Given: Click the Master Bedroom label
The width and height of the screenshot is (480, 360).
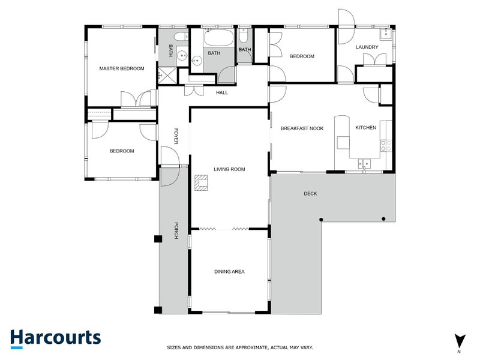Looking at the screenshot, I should [122, 68].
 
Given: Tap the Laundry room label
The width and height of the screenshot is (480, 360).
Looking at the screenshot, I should [367, 47].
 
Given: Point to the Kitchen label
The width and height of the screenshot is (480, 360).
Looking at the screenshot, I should [365, 128].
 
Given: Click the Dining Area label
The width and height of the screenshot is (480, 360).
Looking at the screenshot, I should [229, 272].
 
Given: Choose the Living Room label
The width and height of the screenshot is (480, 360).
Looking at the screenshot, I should [230, 169].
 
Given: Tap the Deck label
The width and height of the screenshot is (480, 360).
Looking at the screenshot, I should [310, 194].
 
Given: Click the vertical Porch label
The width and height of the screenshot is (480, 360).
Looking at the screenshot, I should [176, 230].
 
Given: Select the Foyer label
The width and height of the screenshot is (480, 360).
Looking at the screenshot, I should [176, 136].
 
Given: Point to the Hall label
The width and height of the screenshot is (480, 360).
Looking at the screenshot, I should [222, 92].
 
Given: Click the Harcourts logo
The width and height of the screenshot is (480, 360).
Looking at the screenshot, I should [55, 337].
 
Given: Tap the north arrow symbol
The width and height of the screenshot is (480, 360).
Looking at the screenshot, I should [459, 340].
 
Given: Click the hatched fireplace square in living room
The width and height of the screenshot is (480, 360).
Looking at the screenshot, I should [200, 182].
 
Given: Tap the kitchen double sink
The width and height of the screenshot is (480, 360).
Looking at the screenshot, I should [365, 162].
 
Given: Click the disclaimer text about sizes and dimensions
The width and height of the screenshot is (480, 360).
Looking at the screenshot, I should [239, 347].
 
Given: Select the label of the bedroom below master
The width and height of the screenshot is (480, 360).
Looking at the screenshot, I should [122, 151].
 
